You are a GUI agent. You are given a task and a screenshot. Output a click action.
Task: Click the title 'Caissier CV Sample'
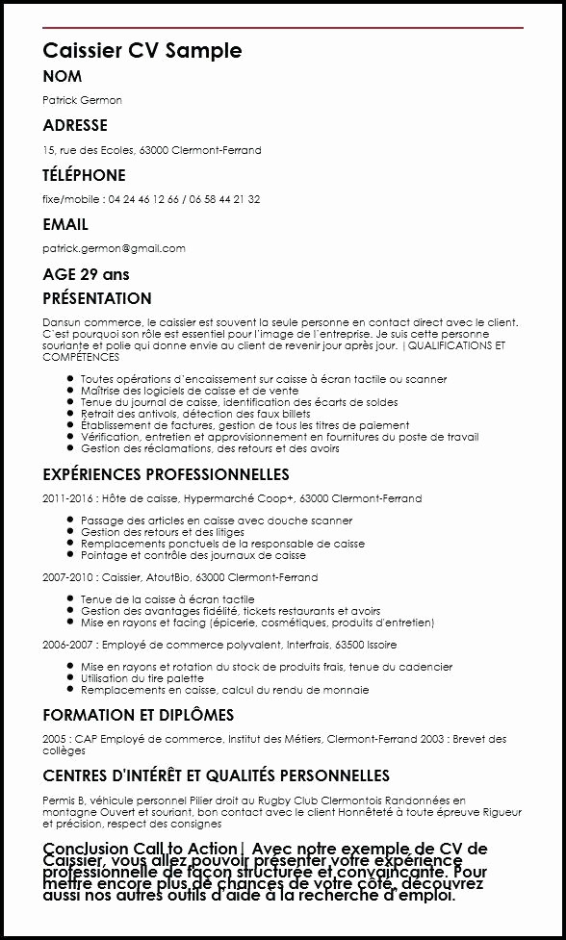[x=142, y=50]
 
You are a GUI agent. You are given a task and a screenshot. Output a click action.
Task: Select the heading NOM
[x=63, y=76]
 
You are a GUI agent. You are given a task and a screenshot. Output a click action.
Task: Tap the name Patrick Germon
[x=82, y=100]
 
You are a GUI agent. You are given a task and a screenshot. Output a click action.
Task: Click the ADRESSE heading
[x=75, y=125]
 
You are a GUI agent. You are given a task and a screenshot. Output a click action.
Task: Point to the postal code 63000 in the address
[x=154, y=150]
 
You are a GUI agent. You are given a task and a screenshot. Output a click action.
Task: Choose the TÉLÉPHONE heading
[x=84, y=175]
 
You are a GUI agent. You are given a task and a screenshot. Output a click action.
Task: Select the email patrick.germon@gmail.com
[x=114, y=248]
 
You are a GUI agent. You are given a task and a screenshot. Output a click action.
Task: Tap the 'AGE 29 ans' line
[x=86, y=274]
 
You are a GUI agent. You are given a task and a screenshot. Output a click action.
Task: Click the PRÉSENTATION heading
[x=97, y=298]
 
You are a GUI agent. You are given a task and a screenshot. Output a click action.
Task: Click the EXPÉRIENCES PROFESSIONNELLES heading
[x=166, y=474]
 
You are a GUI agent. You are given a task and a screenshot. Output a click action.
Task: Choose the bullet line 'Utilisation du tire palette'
[x=141, y=678]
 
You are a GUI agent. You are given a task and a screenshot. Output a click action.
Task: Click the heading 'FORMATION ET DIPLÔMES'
[x=138, y=715]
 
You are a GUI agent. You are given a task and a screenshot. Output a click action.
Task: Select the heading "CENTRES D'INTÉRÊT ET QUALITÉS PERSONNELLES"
[x=216, y=775]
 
